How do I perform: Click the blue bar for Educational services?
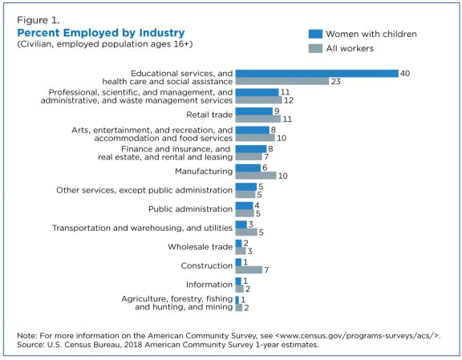317,73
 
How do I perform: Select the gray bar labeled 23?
282,81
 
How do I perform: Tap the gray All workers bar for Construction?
249,269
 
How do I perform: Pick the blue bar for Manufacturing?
248,168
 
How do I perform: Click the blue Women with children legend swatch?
315,34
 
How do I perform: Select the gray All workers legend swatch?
315,48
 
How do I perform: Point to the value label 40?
405,73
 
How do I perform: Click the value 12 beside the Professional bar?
289,100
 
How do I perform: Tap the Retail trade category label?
209,115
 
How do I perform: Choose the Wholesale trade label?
201,247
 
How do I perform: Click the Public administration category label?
191,209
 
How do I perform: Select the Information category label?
209,285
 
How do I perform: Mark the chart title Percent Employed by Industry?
101,33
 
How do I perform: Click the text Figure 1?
38,20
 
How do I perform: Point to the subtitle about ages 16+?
105,44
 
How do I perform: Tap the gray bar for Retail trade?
258,119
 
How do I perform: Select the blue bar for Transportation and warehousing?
241,224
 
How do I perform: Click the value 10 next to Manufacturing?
282,176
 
